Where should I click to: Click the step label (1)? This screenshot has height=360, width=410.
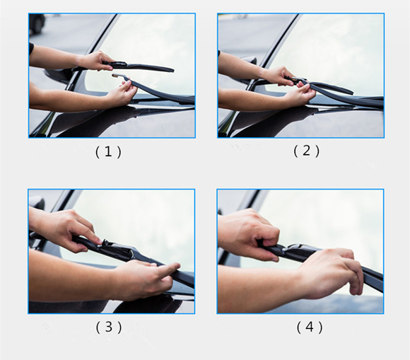[108, 152]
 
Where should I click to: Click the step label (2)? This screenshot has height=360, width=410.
[307, 151]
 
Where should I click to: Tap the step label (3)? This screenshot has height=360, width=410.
[109, 327]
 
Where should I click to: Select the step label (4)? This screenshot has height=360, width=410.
[310, 327]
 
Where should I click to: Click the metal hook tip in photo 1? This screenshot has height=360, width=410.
[115, 76]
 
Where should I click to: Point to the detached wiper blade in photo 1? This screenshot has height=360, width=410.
[141, 66]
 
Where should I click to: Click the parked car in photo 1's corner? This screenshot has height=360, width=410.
[37, 23]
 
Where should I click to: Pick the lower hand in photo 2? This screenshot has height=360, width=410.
[300, 92]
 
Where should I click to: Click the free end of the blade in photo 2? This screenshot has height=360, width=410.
[350, 92]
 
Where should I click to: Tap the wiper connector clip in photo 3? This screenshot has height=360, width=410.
[117, 249]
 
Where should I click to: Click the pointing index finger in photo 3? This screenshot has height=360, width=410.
[169, 267]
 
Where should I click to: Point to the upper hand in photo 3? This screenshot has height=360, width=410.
[69, 231]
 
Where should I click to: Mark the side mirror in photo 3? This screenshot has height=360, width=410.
[37, 203]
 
